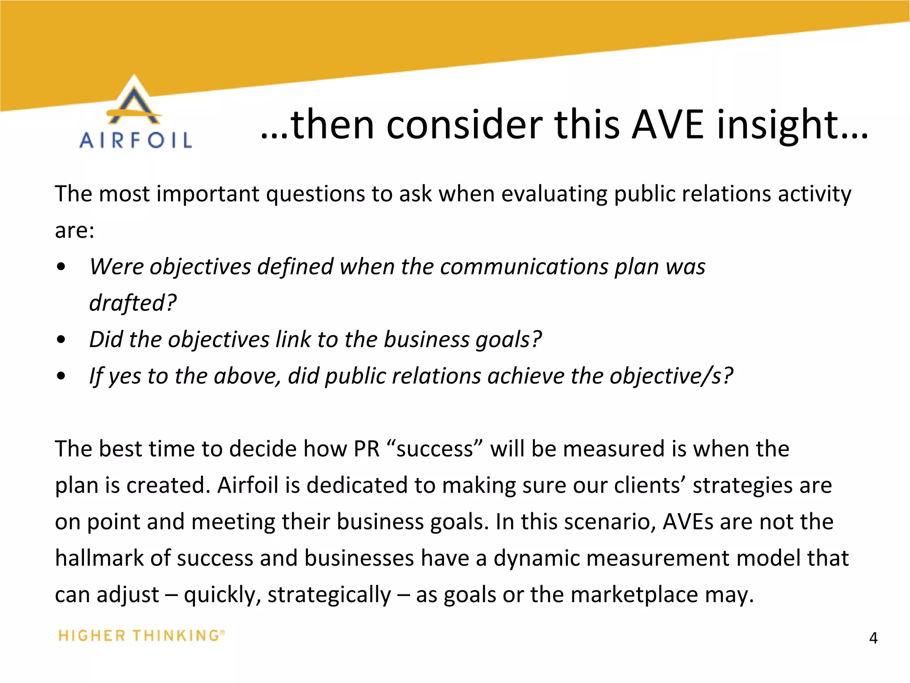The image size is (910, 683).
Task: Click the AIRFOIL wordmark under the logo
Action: [x=136, y=141]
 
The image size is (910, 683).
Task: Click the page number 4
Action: [x=873, y=638]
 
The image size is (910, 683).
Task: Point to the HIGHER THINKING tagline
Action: [x=141, y=635]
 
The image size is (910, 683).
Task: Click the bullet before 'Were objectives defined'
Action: [x=61, y=267]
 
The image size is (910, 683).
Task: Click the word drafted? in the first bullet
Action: [x=133, y=303]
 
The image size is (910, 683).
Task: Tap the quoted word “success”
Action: [x=435, y=449]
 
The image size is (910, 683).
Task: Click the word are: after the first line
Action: [x=75, y=231]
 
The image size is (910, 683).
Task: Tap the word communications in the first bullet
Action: [x=524, y=267]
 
